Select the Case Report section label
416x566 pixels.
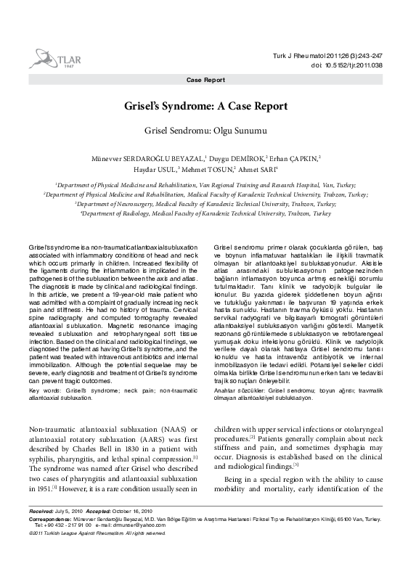[x=205, y=80]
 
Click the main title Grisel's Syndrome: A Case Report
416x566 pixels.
[x=206, y=106]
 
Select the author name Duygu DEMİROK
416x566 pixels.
[x=237, y=157]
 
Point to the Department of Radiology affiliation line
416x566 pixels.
[x=206, y=215]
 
